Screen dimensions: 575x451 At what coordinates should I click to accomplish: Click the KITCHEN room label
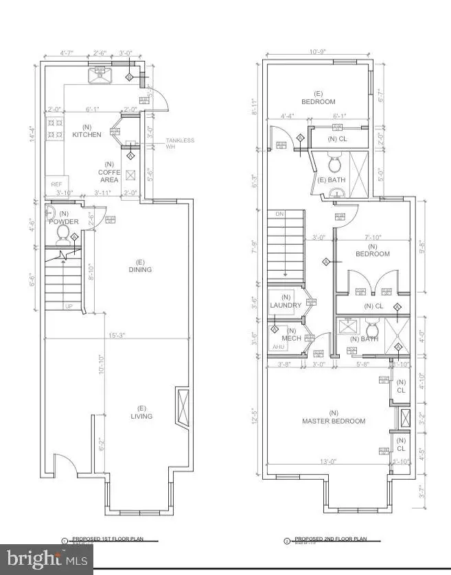pos(87,131)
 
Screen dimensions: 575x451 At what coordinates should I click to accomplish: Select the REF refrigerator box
pos(55,184)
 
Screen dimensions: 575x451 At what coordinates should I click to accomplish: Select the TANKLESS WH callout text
pos(179,144)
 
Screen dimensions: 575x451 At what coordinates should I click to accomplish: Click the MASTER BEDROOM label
pos(334,417)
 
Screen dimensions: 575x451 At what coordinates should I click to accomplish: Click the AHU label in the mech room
pos(279,347)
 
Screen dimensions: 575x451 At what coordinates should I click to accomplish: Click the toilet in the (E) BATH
pos(335,165)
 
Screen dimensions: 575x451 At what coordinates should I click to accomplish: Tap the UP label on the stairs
pos(68,306)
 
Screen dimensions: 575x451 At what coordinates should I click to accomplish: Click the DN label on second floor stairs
pos(279,214)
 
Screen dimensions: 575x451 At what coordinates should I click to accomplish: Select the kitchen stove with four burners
pos(54,129)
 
